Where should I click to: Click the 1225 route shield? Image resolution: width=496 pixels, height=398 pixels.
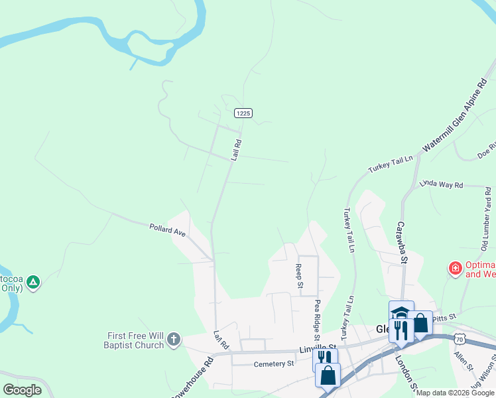(x=243, y=113)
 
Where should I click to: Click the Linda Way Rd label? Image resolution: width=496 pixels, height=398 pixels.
(x=441, y=184)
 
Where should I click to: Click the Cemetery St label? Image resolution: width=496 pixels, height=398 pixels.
(x=273, y=364)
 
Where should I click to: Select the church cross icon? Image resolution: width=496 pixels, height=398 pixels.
(x=173, y=340)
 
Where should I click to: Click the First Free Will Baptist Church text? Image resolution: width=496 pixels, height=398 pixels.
(x=134, y=340)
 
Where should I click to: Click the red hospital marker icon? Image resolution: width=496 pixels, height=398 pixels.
(x=455, y=269)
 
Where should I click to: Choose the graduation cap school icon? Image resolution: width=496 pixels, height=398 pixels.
(x=401, y=312)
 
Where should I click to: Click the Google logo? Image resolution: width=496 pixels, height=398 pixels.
(x=22, y=390)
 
